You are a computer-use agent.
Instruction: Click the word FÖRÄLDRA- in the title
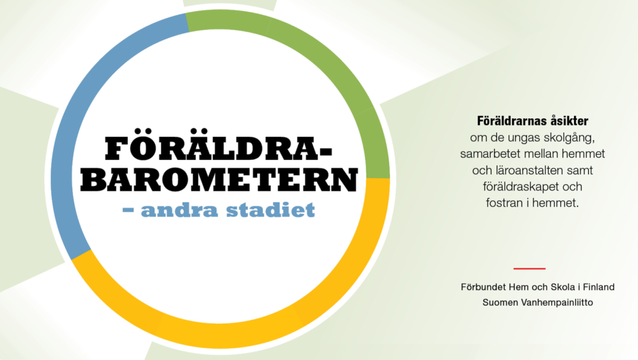(x=218, y=145)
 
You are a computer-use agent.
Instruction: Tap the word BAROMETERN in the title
(x=219, y=179)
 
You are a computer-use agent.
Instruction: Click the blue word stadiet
(x=270, y=209)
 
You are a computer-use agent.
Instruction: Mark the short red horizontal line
(x=530, y=268)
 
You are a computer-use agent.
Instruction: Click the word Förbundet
(x=483, y=287)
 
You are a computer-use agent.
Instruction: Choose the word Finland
(x=599, y=287)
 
